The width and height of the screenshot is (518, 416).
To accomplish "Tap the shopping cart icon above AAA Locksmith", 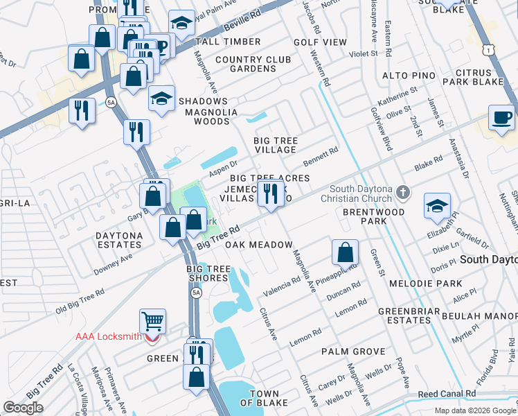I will [x=152, y=321].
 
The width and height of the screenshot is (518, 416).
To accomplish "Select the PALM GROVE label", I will [x=353, y=352].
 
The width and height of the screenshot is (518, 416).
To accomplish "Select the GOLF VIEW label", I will [x=320, y=42].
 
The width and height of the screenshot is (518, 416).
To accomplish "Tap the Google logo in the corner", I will [x=23, y=408].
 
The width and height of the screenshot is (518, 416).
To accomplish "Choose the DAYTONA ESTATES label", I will [x=119, y=241].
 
